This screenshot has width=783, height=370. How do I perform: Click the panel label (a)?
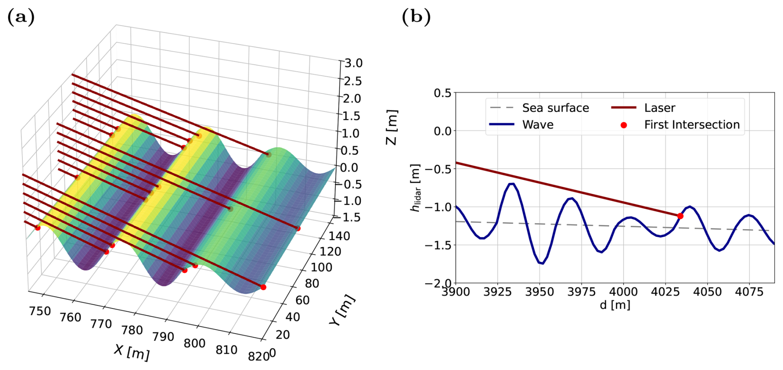tap(21, 17)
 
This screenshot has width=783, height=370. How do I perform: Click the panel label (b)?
tap(416, 17)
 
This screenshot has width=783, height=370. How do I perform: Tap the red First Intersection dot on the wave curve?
tap(680, 216)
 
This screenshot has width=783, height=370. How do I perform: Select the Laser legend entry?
tap(659, 108)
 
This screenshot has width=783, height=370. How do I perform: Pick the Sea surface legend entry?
tap(555, 108)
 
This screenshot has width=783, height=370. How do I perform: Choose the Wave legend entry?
tap(538, 124)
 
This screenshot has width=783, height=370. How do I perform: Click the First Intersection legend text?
tap(692, 124)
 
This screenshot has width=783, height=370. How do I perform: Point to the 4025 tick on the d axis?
tap(666, 292)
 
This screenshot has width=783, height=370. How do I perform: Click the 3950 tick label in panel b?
tap(540, 292)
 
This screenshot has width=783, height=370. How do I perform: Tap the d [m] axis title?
tap(615, 305)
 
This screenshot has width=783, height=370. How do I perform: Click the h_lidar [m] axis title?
tap(415, 188)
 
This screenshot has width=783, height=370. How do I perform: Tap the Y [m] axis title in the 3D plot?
tap(343, 310)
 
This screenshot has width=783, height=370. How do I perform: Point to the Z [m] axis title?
tap(391, 127)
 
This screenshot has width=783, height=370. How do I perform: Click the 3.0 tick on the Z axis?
tap(353, 63)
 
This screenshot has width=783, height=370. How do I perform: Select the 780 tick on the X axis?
tap(132, 330)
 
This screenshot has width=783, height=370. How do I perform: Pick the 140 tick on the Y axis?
tap(339, 236)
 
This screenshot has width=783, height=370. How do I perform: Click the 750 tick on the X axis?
tap(40, 311)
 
